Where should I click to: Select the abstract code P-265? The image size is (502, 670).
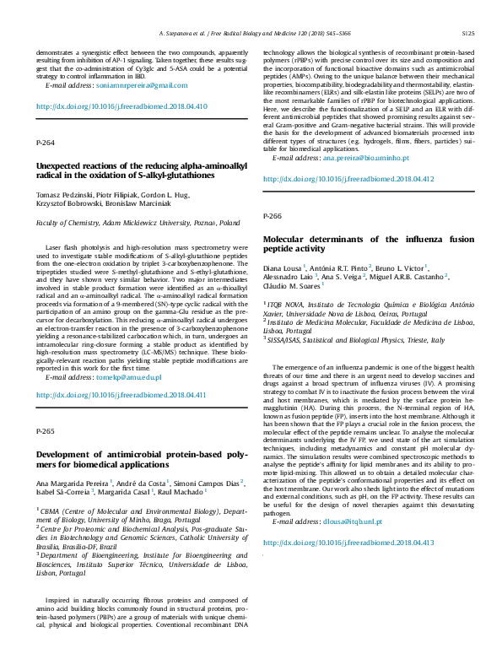tap(45, 431)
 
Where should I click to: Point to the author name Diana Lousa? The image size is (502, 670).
tap(283, 267)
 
